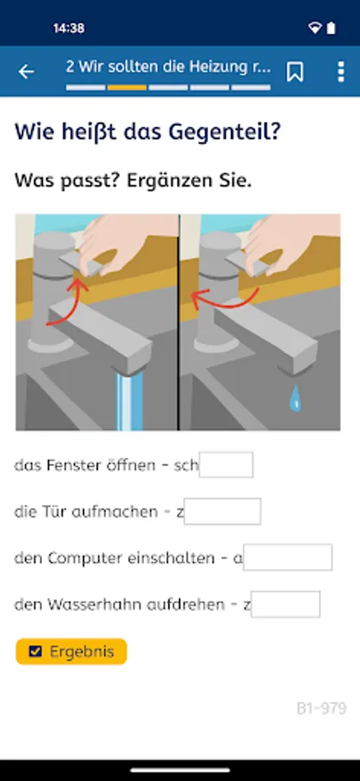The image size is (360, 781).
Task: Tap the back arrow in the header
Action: click(26, 72)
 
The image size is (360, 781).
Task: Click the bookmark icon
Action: click(295, 72)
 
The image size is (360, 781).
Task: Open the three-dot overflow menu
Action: click(341, 72)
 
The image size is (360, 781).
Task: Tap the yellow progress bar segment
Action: click(127, 88)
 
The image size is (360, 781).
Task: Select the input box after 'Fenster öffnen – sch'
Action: click(226, 465)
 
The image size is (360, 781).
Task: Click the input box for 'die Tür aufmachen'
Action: click(222, 511)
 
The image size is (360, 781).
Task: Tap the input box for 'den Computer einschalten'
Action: click(288, 557)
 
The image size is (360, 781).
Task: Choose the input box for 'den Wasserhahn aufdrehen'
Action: click(285, 604)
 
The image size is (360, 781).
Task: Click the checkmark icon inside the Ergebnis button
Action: click(35, 652)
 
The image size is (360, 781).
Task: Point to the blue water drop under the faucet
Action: click(296, 397)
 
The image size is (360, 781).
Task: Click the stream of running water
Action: click(129, 401)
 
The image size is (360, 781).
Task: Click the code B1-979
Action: click(322, 708)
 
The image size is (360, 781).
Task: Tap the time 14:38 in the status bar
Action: click(69, 29)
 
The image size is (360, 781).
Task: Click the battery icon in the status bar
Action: click(331, 29)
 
